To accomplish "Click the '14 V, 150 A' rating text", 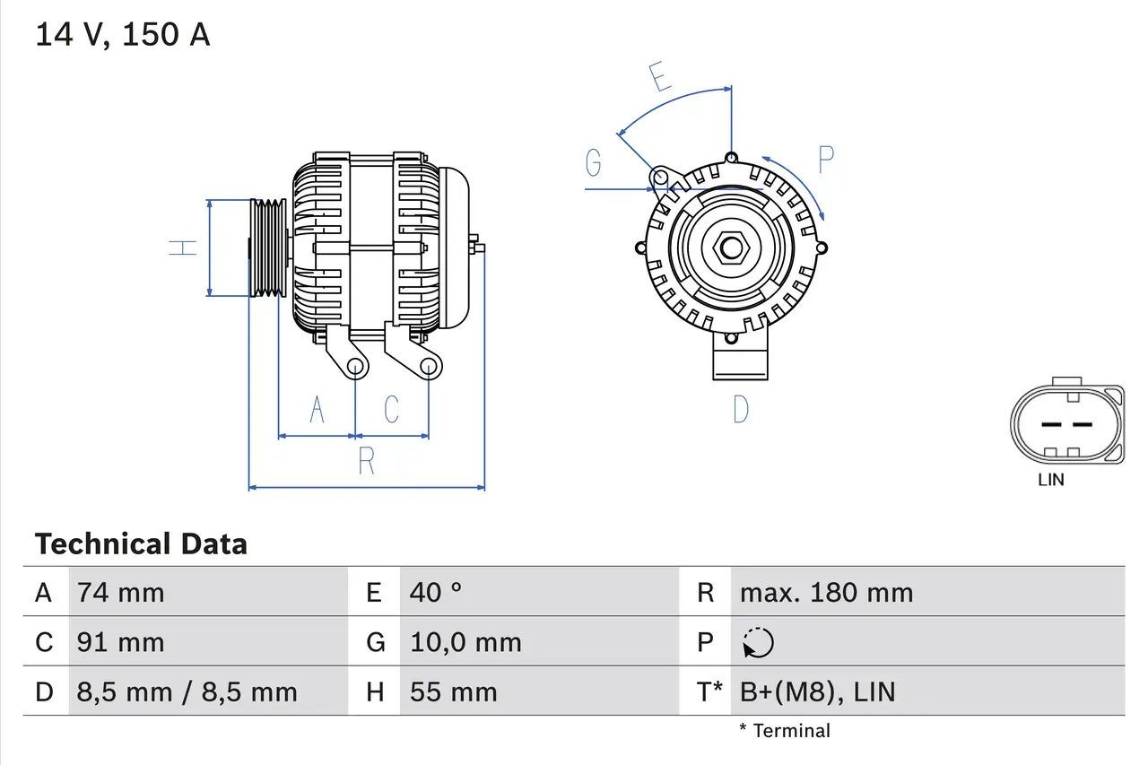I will click(123, 35).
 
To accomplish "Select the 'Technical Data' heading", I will click(141, 543).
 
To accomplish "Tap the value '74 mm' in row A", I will click(121, 592).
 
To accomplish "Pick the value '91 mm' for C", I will click(121, 642).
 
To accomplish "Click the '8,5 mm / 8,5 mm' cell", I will click(187, 691).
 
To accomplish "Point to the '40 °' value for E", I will click(436, 592).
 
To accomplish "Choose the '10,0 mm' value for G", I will click(465, 642).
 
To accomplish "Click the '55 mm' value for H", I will click(453, 691).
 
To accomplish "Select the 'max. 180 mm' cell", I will click(826, 592).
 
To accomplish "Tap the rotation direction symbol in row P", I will click(758, 642).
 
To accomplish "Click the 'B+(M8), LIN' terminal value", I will click(817, 691).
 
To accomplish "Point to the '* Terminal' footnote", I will click(785, 731).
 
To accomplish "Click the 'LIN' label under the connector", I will click(1051, 480).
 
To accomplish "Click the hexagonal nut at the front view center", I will click(731, 248).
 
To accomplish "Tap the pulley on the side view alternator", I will click(266, 248).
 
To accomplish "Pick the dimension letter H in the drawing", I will click(183, 248).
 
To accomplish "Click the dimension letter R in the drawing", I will click(366, 461).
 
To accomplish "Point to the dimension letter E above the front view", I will click(660, 78).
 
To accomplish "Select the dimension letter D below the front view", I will click(740, 409).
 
